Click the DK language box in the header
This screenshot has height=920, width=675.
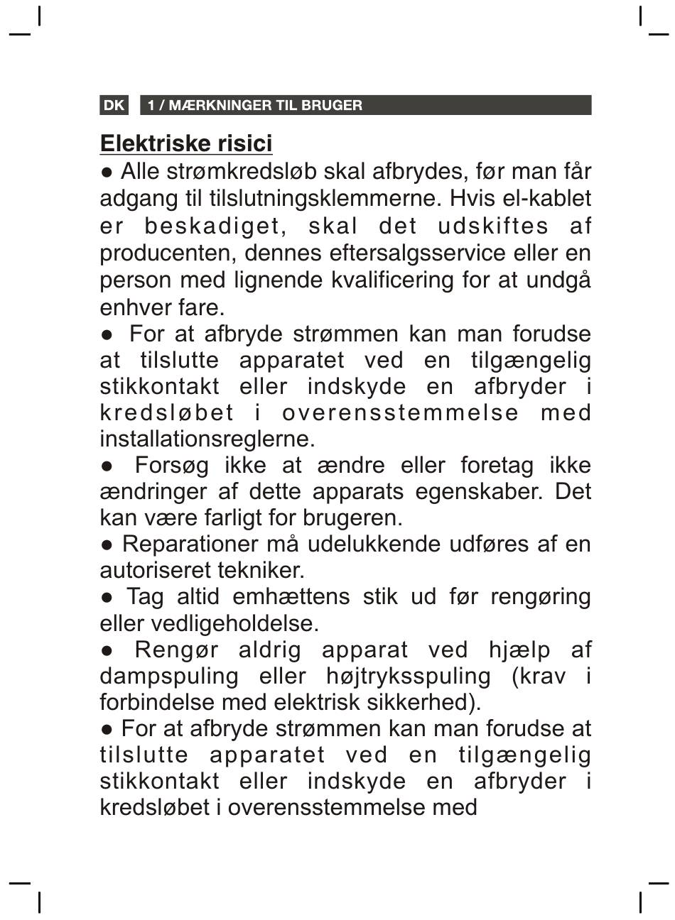tap(114, 106)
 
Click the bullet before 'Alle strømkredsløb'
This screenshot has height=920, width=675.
tap(107, 172)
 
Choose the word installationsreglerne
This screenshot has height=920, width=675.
tap(207, 439)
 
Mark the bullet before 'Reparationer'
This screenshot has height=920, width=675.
tap(107, 544)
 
